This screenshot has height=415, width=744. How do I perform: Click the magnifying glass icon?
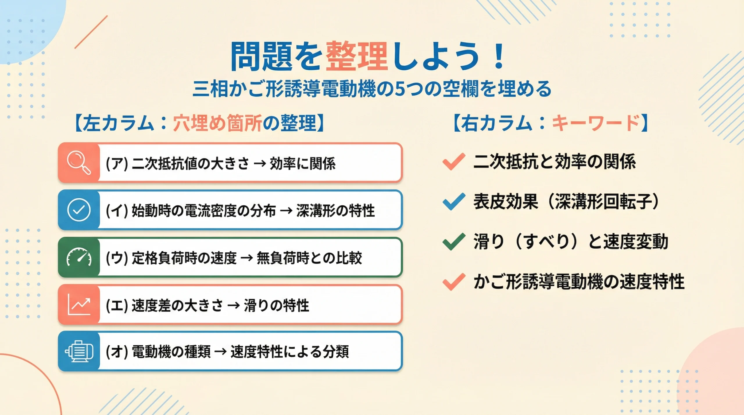click(x=79, y=162)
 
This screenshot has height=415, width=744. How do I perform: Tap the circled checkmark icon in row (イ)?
click(x=79, y=210)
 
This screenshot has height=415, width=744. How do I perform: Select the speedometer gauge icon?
click(x=79, y=257)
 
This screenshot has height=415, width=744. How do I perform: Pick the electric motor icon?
click(x=79, y=351)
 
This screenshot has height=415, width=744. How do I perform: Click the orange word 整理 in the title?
click(x=357, y=56)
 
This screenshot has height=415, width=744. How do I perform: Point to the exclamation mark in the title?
click(x=499, y=56)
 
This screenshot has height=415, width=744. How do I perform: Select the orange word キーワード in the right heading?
click(x=595, y=123)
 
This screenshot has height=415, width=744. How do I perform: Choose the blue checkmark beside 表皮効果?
click(x=454, y=202)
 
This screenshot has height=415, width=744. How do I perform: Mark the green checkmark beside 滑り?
click(x=454, y=242)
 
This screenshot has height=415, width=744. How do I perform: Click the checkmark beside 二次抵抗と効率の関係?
click(x=454, y=161)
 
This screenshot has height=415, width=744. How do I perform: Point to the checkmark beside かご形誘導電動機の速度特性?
click(x=454, y=282)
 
